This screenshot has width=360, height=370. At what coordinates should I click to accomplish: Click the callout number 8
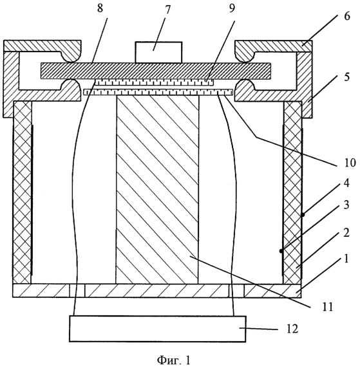(x=100, y=9)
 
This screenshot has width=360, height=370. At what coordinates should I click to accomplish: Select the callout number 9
(x=232, y=9)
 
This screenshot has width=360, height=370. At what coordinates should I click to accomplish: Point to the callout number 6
(x=346, y=16)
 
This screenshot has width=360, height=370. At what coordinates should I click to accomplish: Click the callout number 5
(x=346, y=77)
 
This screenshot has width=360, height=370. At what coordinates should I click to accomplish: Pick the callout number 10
(x=350, y=163)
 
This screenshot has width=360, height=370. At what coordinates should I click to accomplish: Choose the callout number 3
(x=346, y=205)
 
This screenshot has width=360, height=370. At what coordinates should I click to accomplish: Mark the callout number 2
(x=346, y=233)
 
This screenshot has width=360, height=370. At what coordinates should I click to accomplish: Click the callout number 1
(x=346, y=259)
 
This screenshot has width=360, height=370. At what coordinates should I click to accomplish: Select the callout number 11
(x=327, y=306)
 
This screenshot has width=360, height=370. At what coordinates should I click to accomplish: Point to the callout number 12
(x=292, y=329)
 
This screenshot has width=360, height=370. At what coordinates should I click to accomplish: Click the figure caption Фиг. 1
(x=173, y=360)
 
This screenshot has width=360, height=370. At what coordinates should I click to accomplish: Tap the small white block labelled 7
(x=158, y=52)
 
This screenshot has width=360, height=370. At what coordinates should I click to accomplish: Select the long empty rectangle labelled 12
(x=158, y=329)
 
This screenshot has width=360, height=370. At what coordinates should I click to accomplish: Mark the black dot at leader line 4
(x=303, y=215)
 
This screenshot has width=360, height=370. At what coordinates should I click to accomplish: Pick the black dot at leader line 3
(x=281, y=251)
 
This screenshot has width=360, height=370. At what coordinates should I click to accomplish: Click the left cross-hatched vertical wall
(x=23, y=192)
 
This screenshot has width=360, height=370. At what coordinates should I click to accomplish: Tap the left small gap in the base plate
(x=77, y=290)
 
